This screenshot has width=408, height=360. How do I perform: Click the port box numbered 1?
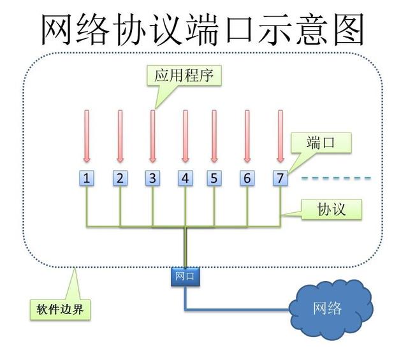click(87, 178)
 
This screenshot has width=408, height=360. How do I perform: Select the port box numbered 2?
click(119, 178)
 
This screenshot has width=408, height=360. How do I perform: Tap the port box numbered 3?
click(152, 178)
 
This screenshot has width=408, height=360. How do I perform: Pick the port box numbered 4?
click(185, 178)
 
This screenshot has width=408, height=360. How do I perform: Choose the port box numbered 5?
click(214, 178)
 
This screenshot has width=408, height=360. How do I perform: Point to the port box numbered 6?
click(247, 178)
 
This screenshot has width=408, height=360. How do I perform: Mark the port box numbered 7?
click(279, 178)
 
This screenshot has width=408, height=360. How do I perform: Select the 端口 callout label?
click(320, 143)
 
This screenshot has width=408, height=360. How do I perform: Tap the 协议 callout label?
click(331, 208)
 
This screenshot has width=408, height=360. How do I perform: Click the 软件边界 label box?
click(61, 309)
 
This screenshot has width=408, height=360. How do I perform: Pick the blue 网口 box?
click(185, 276)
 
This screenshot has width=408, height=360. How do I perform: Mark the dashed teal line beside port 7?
click(336, 178)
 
